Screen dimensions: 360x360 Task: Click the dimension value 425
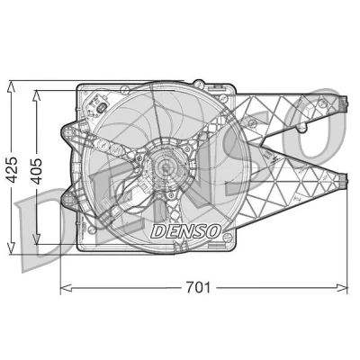[12, 169]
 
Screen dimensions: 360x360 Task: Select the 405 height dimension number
[37, 171]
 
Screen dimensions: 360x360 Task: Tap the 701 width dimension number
[198, 287]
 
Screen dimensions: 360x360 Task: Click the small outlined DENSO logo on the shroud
[185, 231]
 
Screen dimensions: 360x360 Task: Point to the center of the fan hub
[166, 167]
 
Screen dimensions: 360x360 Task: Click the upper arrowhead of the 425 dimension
[11, 87]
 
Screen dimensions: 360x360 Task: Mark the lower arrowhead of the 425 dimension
[11, 248]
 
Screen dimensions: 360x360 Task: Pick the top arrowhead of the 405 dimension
[36, 96]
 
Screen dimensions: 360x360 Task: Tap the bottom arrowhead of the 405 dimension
[36, 238]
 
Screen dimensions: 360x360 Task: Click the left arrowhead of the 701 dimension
[67, 288]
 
